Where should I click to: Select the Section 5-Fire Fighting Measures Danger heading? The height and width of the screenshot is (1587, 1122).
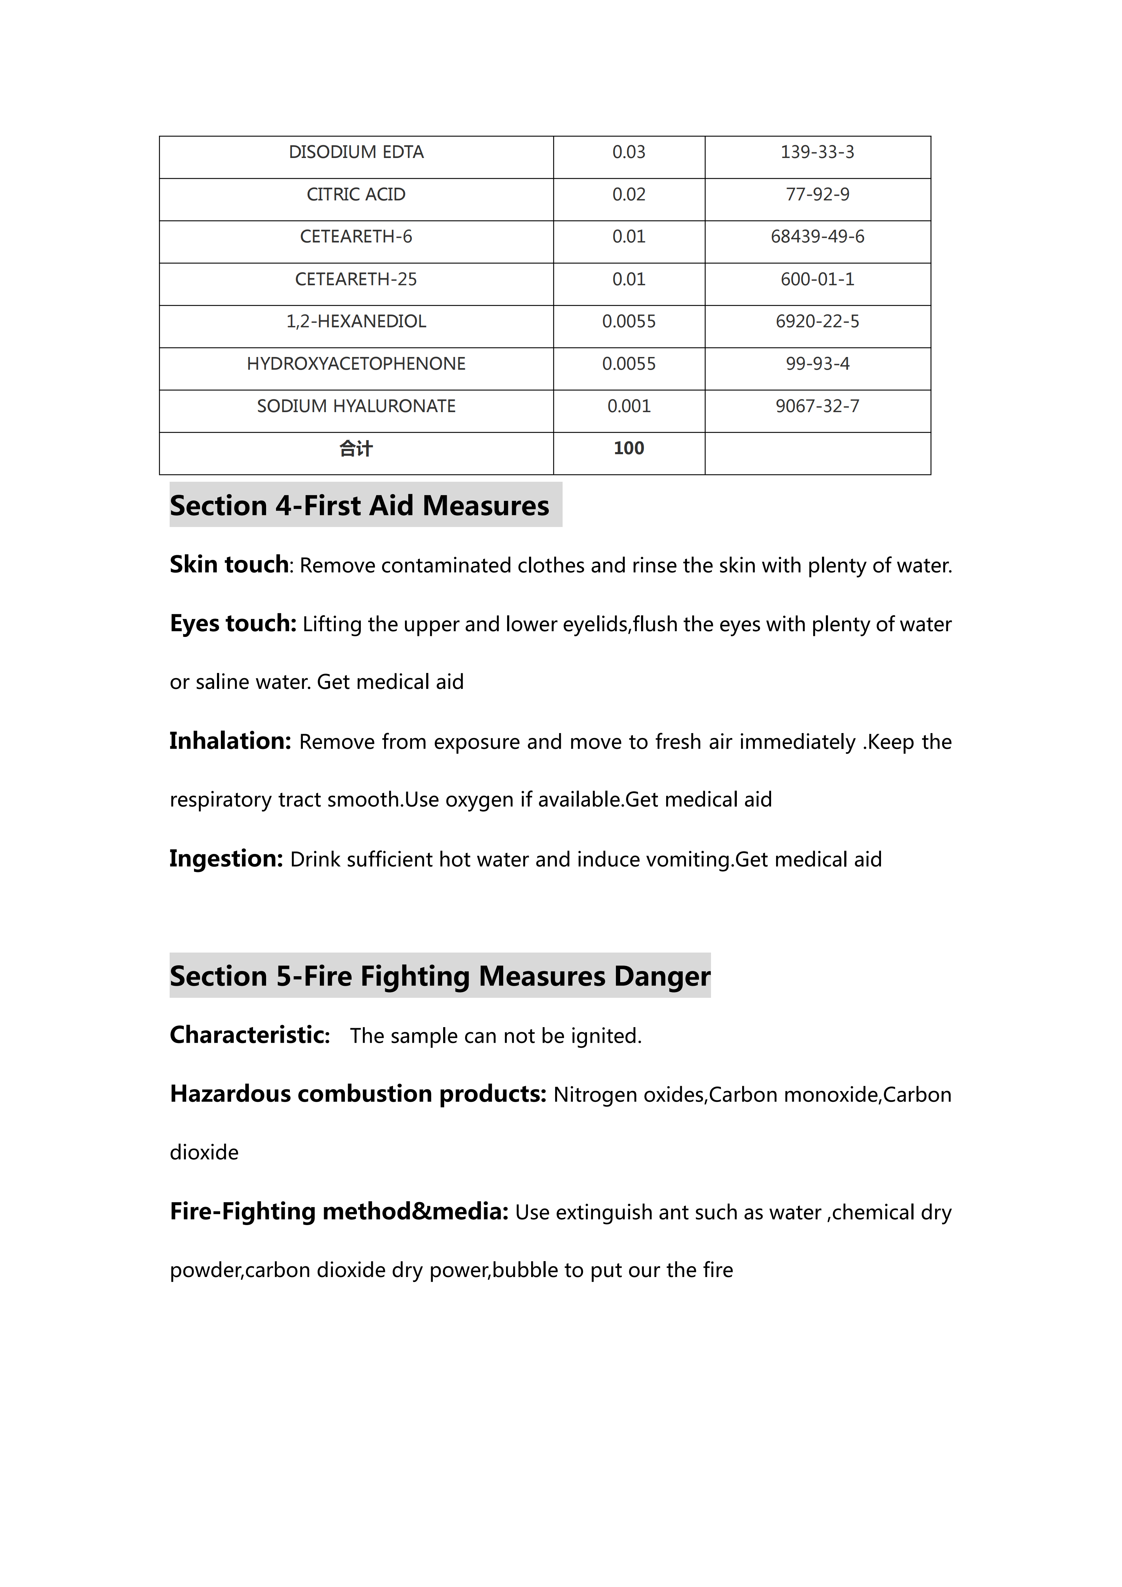pyautogui.click(x=440, y=976)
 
